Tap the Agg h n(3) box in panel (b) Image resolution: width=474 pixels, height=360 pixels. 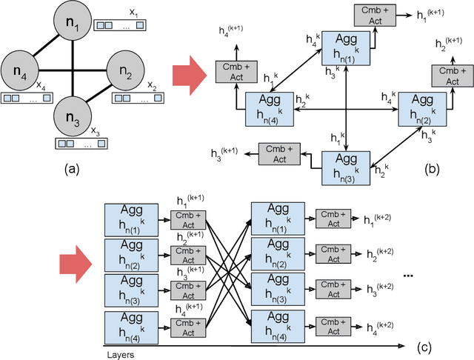[x=346, y=164]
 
